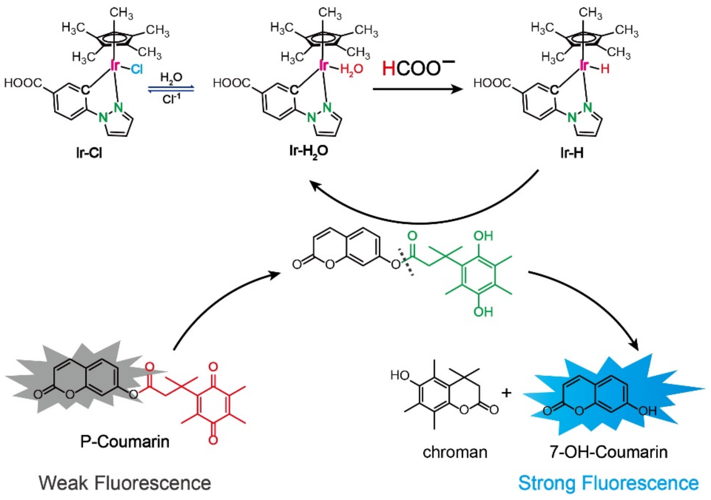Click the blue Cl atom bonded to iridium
pyautogui.click(x=136, y=70)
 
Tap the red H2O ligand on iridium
pyautogui.click(x=351, y=69)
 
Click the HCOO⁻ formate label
pyautogui.click(x=418, y=68)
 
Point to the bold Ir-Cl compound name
pyautogui.click(x=89, y=153)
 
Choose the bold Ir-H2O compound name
pyautogui.click(x=309, y=152)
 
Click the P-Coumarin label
pyautogui.click(x=125, y=442)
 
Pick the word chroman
pyautogui.click(x=455, y=452)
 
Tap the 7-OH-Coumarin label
pyautogui.click(x=609, y=452)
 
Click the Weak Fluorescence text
pyautogui.click(x=125, y=483)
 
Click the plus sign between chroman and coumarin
pyautogui.click(x=507, y=393)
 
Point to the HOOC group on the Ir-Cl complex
pyautogui.click(x=23, y=83)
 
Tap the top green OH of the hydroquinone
pyautogui.click(x=483, y=236)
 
